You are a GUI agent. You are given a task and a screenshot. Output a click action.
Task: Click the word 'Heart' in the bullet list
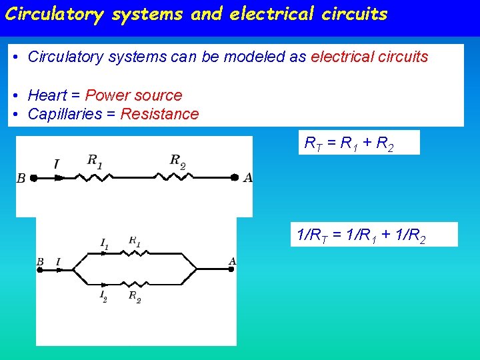tap(47, 95)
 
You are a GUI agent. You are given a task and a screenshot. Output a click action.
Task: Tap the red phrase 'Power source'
tap(133, 95)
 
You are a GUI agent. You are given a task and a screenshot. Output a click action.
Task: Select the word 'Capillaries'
tap(65, 114)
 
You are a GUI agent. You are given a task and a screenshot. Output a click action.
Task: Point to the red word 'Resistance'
tap(159, 114)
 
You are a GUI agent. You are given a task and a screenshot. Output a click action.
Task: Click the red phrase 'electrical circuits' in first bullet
tap(369, 57)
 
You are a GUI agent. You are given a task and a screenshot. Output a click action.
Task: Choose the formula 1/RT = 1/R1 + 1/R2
tap(361, 235)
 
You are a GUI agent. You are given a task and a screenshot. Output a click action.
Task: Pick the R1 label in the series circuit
tap(95, 160)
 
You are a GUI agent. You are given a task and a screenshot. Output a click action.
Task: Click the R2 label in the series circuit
tap(177, 160)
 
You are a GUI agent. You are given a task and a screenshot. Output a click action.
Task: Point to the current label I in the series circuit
tap(56, 163)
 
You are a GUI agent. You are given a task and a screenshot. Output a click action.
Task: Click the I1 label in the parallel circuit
tap(104, 245)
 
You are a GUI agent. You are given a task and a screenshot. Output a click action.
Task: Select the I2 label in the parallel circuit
tap(103, 295)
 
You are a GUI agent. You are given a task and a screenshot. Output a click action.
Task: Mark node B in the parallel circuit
tap(40, 261)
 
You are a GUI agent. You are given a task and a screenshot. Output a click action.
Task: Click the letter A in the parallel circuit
tap(232, 261)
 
